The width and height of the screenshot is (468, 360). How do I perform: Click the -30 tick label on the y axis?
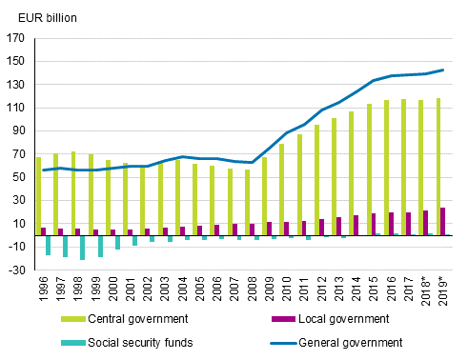(15, 270)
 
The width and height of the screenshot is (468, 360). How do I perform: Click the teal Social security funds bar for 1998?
(83, 247)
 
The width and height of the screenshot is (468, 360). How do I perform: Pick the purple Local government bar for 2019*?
(442, 221)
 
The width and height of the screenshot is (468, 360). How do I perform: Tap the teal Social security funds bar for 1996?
(49, 245)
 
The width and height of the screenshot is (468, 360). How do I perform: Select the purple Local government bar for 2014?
(356, 225)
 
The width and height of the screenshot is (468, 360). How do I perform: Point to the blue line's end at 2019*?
(442, 70)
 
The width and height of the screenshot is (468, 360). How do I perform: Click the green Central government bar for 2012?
(315, 180)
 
